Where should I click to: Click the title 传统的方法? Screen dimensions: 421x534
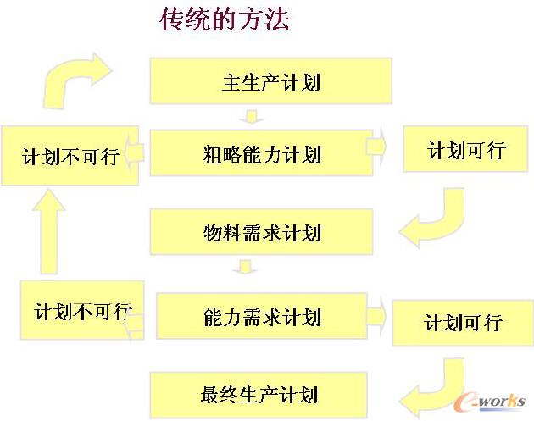tap(224, 19)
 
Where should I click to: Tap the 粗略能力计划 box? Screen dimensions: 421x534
tap(261, 152)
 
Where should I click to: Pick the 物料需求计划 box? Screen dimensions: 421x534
tap(261, 231)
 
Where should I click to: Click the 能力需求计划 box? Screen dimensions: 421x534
tap(262, 317)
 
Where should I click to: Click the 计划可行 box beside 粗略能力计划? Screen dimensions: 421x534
tap(466, 151)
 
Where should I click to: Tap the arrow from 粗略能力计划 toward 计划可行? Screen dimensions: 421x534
tap(378, 148)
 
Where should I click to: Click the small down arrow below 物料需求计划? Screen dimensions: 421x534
tap(246, 269)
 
